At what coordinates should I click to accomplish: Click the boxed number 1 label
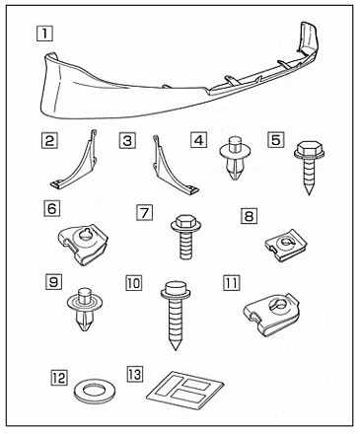click(x=44, y=34)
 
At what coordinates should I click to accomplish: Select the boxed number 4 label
click(x=198, y=140)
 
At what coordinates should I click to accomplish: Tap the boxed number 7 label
click(x=144, y=212)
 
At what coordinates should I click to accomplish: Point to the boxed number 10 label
click(x=134, y=283)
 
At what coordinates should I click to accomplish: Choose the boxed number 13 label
click(x=135, y=374)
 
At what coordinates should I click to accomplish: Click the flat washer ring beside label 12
click(x=95, y=393)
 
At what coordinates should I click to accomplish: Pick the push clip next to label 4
click(x=236, y=158)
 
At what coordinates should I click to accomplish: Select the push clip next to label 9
click(x=85, y=309)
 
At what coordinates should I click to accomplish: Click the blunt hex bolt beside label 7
click(x=185, y=237)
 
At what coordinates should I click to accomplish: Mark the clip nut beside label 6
click(x=83, y=245)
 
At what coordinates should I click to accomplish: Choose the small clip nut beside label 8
click(x=286, y=246)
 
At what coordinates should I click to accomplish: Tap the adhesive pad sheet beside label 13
click(x=185, y=391)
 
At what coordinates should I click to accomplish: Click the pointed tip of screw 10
click(x=176, y=349)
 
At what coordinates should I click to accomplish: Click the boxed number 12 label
click(x=59, y=377)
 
